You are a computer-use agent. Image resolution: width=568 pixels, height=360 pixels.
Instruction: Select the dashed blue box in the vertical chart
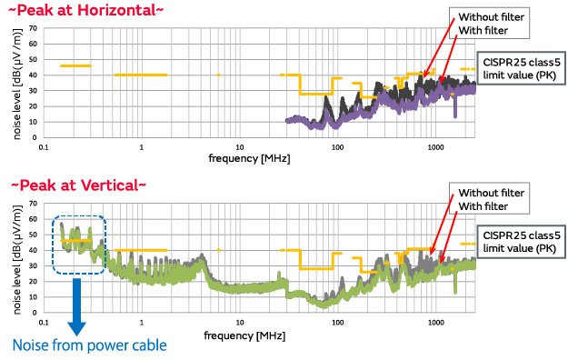pyautogui.click(x=80, y=244)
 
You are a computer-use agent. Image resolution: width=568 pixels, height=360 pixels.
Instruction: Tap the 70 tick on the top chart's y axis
pyautogui.click(x=32, y=27)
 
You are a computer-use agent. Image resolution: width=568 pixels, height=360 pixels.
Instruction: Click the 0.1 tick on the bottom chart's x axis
pyautogui.click(x=43, y=322)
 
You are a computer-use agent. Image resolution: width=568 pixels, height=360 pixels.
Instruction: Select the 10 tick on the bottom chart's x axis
pyautogui.click(x=239, y=322)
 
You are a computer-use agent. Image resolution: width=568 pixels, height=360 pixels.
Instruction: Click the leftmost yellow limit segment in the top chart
pyautogui.click(x=75, y=65)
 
